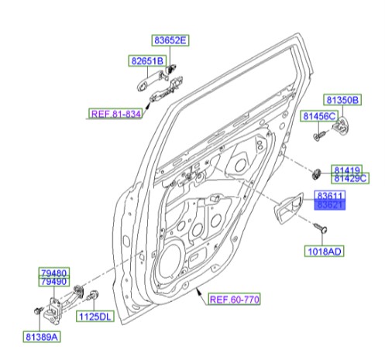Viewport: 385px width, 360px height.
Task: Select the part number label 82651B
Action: pyautogui.click(x=146, y=60)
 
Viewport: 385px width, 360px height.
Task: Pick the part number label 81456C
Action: pyautogui.click(x=319, y=116)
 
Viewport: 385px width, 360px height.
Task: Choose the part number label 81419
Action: pyautogui.click(x=346, y=169)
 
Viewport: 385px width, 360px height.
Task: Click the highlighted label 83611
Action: pyautogui.click(x=329, y=197)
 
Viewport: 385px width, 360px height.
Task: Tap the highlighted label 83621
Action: pyautogui.click(x=329, y=207)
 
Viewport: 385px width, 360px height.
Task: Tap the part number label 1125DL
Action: pyautogui.click(x=94, y=317)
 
